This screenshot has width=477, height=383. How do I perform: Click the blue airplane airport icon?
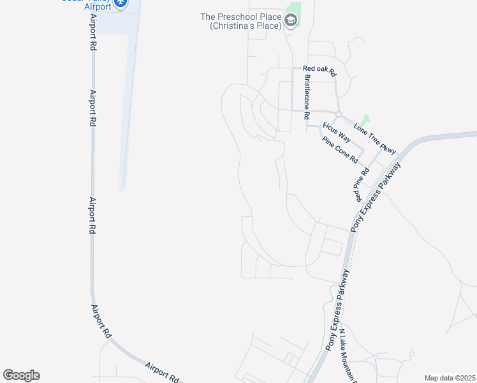119,3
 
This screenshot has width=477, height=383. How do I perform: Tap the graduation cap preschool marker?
291,21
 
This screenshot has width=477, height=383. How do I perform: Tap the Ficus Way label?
336,131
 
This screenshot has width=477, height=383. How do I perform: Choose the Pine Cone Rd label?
340,150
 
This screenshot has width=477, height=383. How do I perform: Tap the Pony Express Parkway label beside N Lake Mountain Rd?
338,310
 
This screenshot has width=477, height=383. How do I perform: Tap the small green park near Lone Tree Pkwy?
365,120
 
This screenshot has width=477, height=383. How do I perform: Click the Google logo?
21,375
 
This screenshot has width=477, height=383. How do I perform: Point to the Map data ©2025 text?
449,378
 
